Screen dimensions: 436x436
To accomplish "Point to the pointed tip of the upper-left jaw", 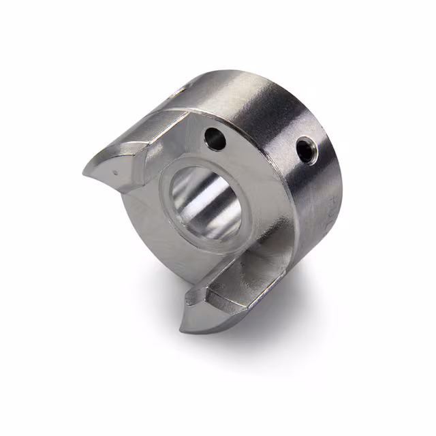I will click(87, 170).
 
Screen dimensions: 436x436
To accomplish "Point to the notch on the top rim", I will click(178, 90).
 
